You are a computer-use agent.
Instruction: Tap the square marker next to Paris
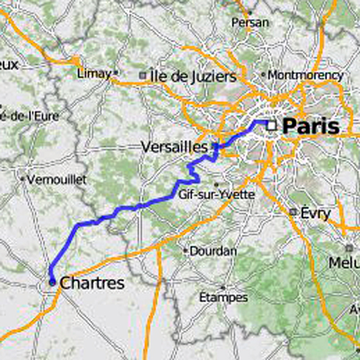tap(271, 125)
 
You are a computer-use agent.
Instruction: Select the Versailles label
tap(175, 146)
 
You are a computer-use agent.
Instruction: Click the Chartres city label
tap(92, 283)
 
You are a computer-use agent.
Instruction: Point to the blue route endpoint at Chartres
tap(52, 282)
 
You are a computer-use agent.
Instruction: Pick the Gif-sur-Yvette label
tap(217, 194)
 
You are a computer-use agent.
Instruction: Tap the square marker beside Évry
tap(293, 212)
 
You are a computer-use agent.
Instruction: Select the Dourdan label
tap(213, 251)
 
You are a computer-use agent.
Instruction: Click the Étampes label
tap(223, 297)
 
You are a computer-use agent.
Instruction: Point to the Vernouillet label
tap(56, 179)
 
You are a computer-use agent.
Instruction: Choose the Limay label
tap(93, 73)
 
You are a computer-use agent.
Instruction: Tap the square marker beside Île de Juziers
tap(143, 75)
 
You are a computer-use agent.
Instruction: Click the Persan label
tap(250, 23)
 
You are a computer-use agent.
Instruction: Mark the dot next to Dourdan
tap(186, 251)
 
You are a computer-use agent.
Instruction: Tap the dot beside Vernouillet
tap(23, 179)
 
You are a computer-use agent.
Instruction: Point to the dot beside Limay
tap(114, 73)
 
